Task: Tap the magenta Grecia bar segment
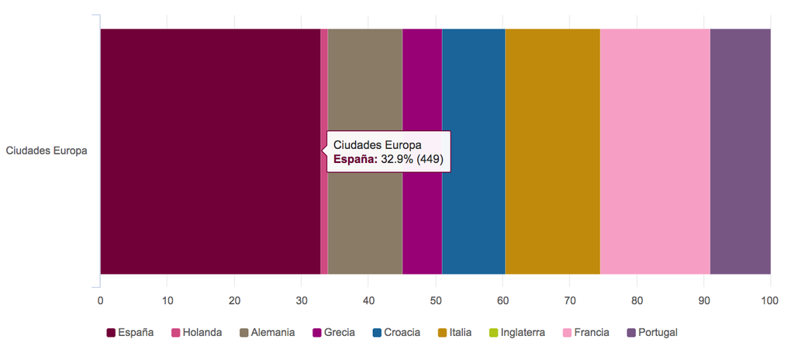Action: pyautogui.click(x=422, y=151)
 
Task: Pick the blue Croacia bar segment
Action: pyautogui.click(x=473, y=151)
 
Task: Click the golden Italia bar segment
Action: pyautogui.click(x=552, y=151)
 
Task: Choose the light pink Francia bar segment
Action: pyautogui.click(x=654, y=151)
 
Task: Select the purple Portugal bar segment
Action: pyautogui.click(x=740, y=151)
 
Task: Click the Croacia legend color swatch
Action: pyautogui.click(x=377, y=333)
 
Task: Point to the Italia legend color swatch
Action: pyautogui.click(x=443, y=333)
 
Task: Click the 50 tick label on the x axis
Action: pyautogui.click(x=435, y=300)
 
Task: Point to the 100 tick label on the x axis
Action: pyautogui.click(x=770, y=300)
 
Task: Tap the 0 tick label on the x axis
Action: pyautogui.click(x=100, y=300)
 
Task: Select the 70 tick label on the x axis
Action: pyautogui.click(x=569, y=300)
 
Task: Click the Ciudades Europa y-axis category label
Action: pyautogui.click(x=47, y=151)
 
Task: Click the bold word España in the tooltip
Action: pyautogui.click(x=355, y=159)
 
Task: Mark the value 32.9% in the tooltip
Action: pyautogui.click(x=397, y=159)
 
